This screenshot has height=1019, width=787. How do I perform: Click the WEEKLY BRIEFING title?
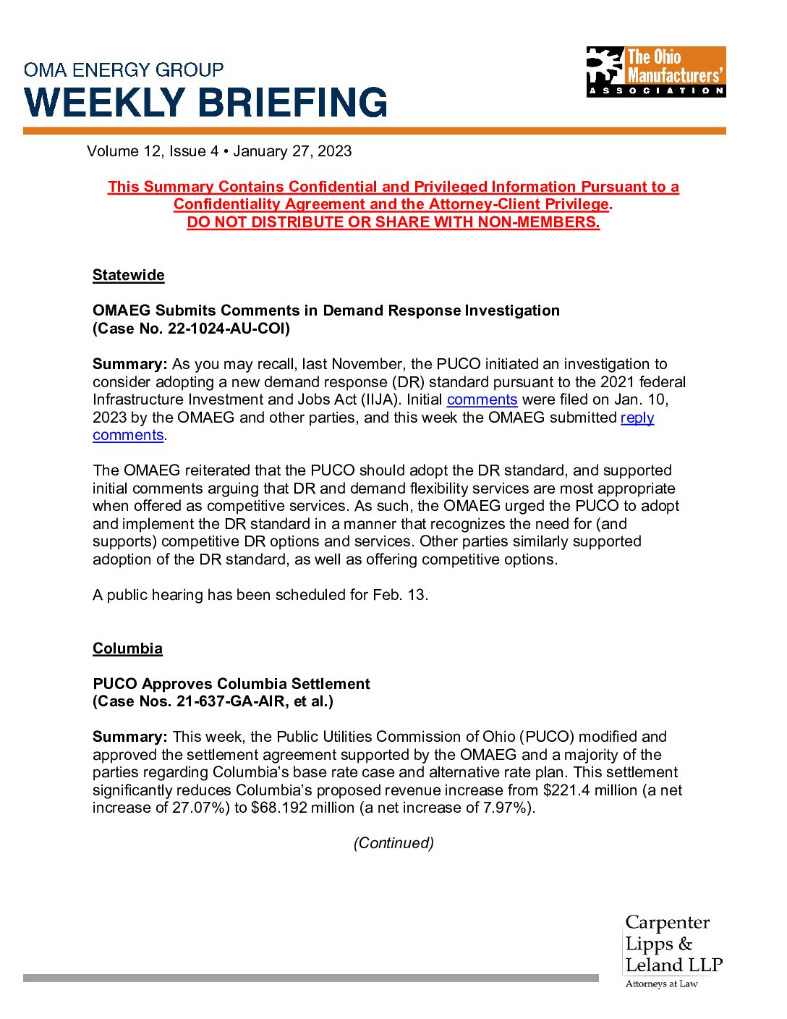click(x=206, y=102)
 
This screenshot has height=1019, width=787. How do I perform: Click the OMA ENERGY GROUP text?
click(x=124, y=70)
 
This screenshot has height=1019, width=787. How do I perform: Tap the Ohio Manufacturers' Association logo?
click(x=655, y=72)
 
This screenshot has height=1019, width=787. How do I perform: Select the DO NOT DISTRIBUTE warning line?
click(x=393, y=222)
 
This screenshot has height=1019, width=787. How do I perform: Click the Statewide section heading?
click(x=128, y=275)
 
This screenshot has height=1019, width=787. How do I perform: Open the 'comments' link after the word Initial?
click(x=482, y=399)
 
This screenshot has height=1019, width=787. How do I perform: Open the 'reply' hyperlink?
click(x=637, y=418)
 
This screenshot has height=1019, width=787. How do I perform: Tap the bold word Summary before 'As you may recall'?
click(x=129, y=364)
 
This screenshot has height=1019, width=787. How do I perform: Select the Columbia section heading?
click(x=127, y=648)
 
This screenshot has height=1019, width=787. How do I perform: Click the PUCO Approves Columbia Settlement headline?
click(x=231, y=684)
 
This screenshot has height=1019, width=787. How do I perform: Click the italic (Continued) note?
click(x=393, y=843)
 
